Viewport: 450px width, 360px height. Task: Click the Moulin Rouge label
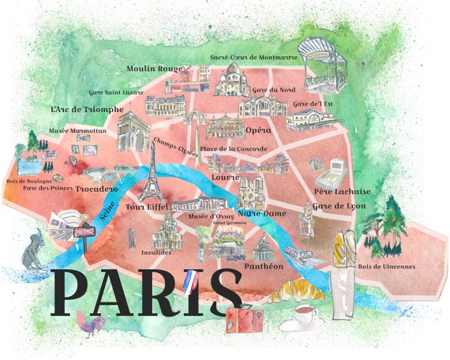point(154,69)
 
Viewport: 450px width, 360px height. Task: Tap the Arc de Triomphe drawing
point(133,130)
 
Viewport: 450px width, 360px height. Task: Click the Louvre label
point(225,177)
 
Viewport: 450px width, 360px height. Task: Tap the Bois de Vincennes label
point(386,266)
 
